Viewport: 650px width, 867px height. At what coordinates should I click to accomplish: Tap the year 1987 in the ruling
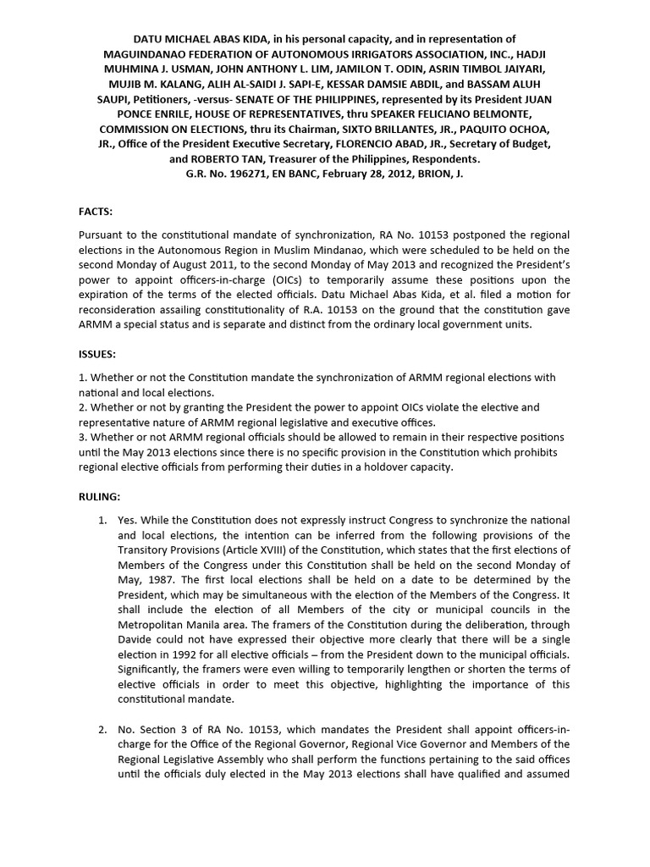pos(165,579)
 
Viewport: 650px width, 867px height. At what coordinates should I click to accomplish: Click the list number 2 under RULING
pos(102,729)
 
